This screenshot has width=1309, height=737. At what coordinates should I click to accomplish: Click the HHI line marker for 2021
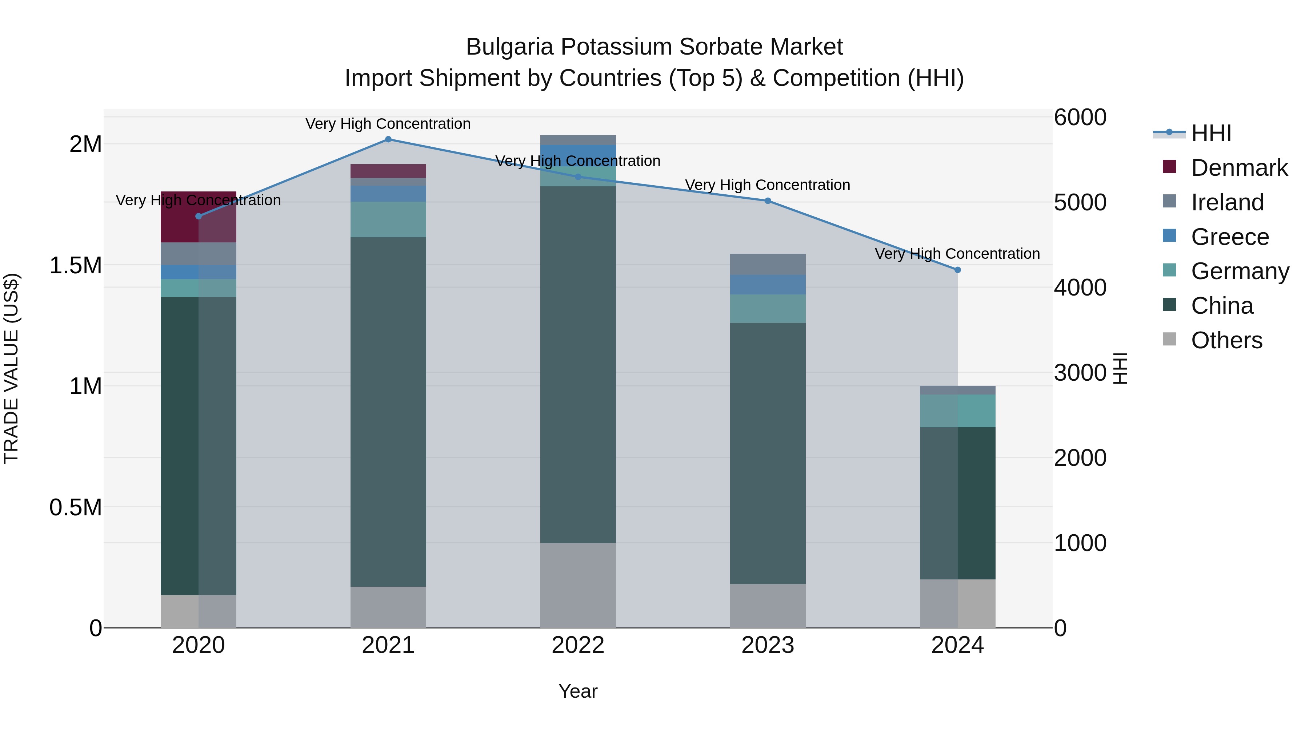pyautogui.click(x=388, y=139)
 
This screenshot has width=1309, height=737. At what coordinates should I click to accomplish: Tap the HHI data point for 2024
pyautogui.click(x=957, y=270)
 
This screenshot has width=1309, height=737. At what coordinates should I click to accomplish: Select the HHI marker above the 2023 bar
pyautogui.click(x=768, y=201)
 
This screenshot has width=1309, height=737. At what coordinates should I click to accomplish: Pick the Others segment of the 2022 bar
pyautogui.click(x=578, y=585)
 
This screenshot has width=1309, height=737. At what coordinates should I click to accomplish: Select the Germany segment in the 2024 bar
pyautogui.click(x=957, y=411)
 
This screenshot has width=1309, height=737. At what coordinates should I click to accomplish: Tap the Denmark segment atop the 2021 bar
pyautogui.click(x=388, y=171)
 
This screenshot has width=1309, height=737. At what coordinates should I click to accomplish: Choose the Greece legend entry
pyautogui.click(x=1229, y=237)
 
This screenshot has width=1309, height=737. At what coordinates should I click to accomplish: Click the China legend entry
pyautogui.click(x=1222, y=306)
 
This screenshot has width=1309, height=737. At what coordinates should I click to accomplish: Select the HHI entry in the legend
pyautogui.click(x=1210, y=133)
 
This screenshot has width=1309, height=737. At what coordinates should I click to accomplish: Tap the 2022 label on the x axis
pyautogui.click(x=578, y=645)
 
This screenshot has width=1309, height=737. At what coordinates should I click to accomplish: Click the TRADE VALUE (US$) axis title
pyautogui.click(x=11, y=368)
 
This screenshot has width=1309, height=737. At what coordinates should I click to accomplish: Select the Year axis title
pyautogui.click(x=578, y=691)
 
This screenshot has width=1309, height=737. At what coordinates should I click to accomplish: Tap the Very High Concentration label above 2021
pyautogui.click(x=388, y=124)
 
